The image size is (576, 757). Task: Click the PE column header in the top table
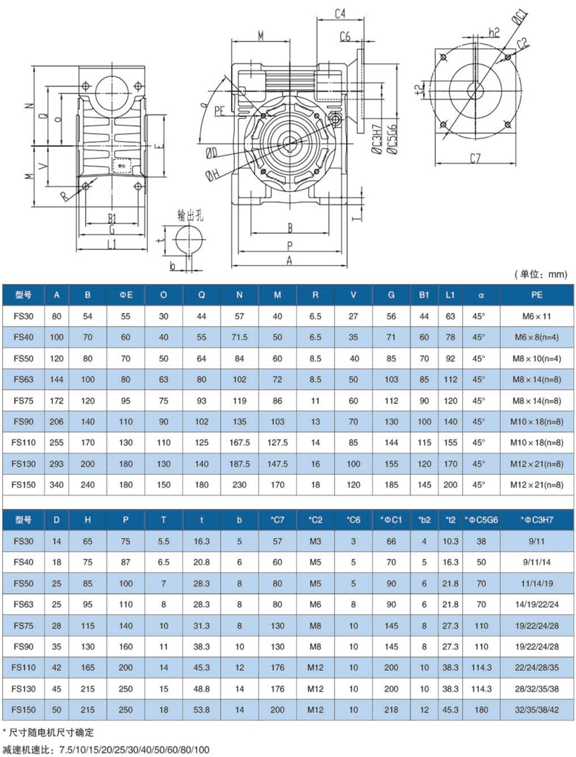536,295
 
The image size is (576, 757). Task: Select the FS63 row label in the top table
24,380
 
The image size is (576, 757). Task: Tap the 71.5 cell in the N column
239,337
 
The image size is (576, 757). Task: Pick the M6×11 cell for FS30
536,316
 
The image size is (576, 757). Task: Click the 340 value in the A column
56,485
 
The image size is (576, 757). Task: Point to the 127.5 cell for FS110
277,443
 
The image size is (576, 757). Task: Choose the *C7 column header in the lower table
277,520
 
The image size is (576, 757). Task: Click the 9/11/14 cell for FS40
536,562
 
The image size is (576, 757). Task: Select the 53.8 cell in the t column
201,709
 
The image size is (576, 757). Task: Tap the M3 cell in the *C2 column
315,541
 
